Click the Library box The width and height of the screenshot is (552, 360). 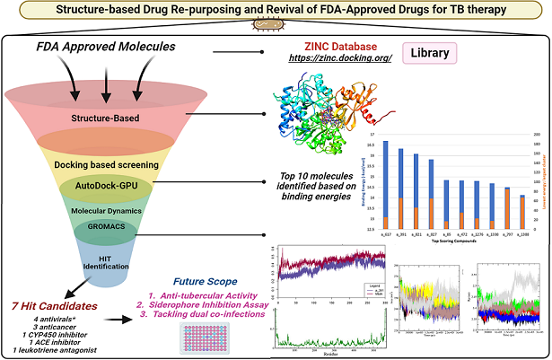[425, 53]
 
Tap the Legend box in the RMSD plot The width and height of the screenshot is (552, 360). [372, 287]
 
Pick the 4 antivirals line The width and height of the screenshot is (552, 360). [57, 320]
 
